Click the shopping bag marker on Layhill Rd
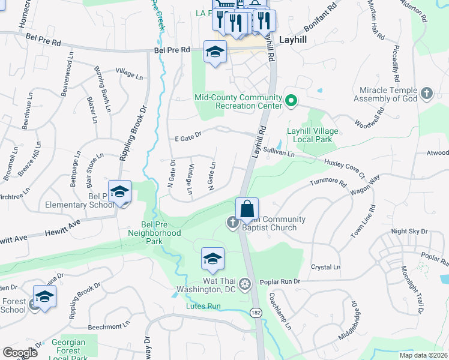point(247,209)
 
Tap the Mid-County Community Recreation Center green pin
point(291,100)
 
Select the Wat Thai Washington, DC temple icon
point(244,283)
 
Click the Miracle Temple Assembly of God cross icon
point(426,93)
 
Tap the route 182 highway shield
point(255,313)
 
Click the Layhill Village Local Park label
point(312,135)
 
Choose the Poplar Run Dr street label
point(280,281)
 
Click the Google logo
point(20,352)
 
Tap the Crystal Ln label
point(325,267)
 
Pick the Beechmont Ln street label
point(107,327)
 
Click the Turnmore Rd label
point(328,182)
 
